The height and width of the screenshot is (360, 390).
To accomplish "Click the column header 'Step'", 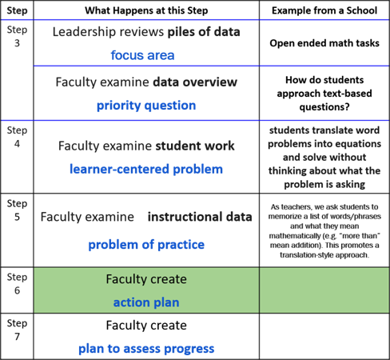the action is click(x=17, y=10).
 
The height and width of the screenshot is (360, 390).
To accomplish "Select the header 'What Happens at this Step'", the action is click(x=146, y=10).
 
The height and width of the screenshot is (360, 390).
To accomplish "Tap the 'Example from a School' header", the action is click(x=324, y=10).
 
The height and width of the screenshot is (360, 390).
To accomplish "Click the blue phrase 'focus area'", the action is click(x=142, y=55).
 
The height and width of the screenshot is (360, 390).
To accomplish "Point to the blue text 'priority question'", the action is click(x=146, y=106).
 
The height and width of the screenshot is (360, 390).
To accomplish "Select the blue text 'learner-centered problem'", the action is click(x=146, y=169).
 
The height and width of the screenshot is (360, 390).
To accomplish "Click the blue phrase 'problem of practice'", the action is click(x=146, y=245).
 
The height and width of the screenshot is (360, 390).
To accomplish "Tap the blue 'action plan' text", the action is click(x=146, y=302).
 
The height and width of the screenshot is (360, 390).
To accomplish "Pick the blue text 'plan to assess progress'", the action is click(x=146, y=349).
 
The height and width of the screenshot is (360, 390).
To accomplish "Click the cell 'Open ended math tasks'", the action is click(x=324, y=43).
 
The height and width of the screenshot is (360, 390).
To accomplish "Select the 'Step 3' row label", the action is click(x=17, y=36).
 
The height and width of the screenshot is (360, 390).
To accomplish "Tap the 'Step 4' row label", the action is click(x=17, y=137).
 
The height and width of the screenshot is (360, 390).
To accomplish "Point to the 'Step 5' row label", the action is click(x=17, y=210).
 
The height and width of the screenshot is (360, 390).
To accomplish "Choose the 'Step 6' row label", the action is click(x=17, y=284).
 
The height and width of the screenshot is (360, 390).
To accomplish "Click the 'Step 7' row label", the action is click(x=17, y=330).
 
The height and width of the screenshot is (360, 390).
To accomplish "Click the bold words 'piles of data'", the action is click(x=204, y=32).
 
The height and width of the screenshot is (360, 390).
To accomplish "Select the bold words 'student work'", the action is click(x=195, y=146).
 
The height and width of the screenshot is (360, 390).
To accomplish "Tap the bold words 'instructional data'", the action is click(x=200, y=217).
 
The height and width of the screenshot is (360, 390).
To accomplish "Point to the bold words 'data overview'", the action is click(x=195, y=82).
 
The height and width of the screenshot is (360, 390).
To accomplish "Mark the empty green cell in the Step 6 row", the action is click(x=324, y=290).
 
